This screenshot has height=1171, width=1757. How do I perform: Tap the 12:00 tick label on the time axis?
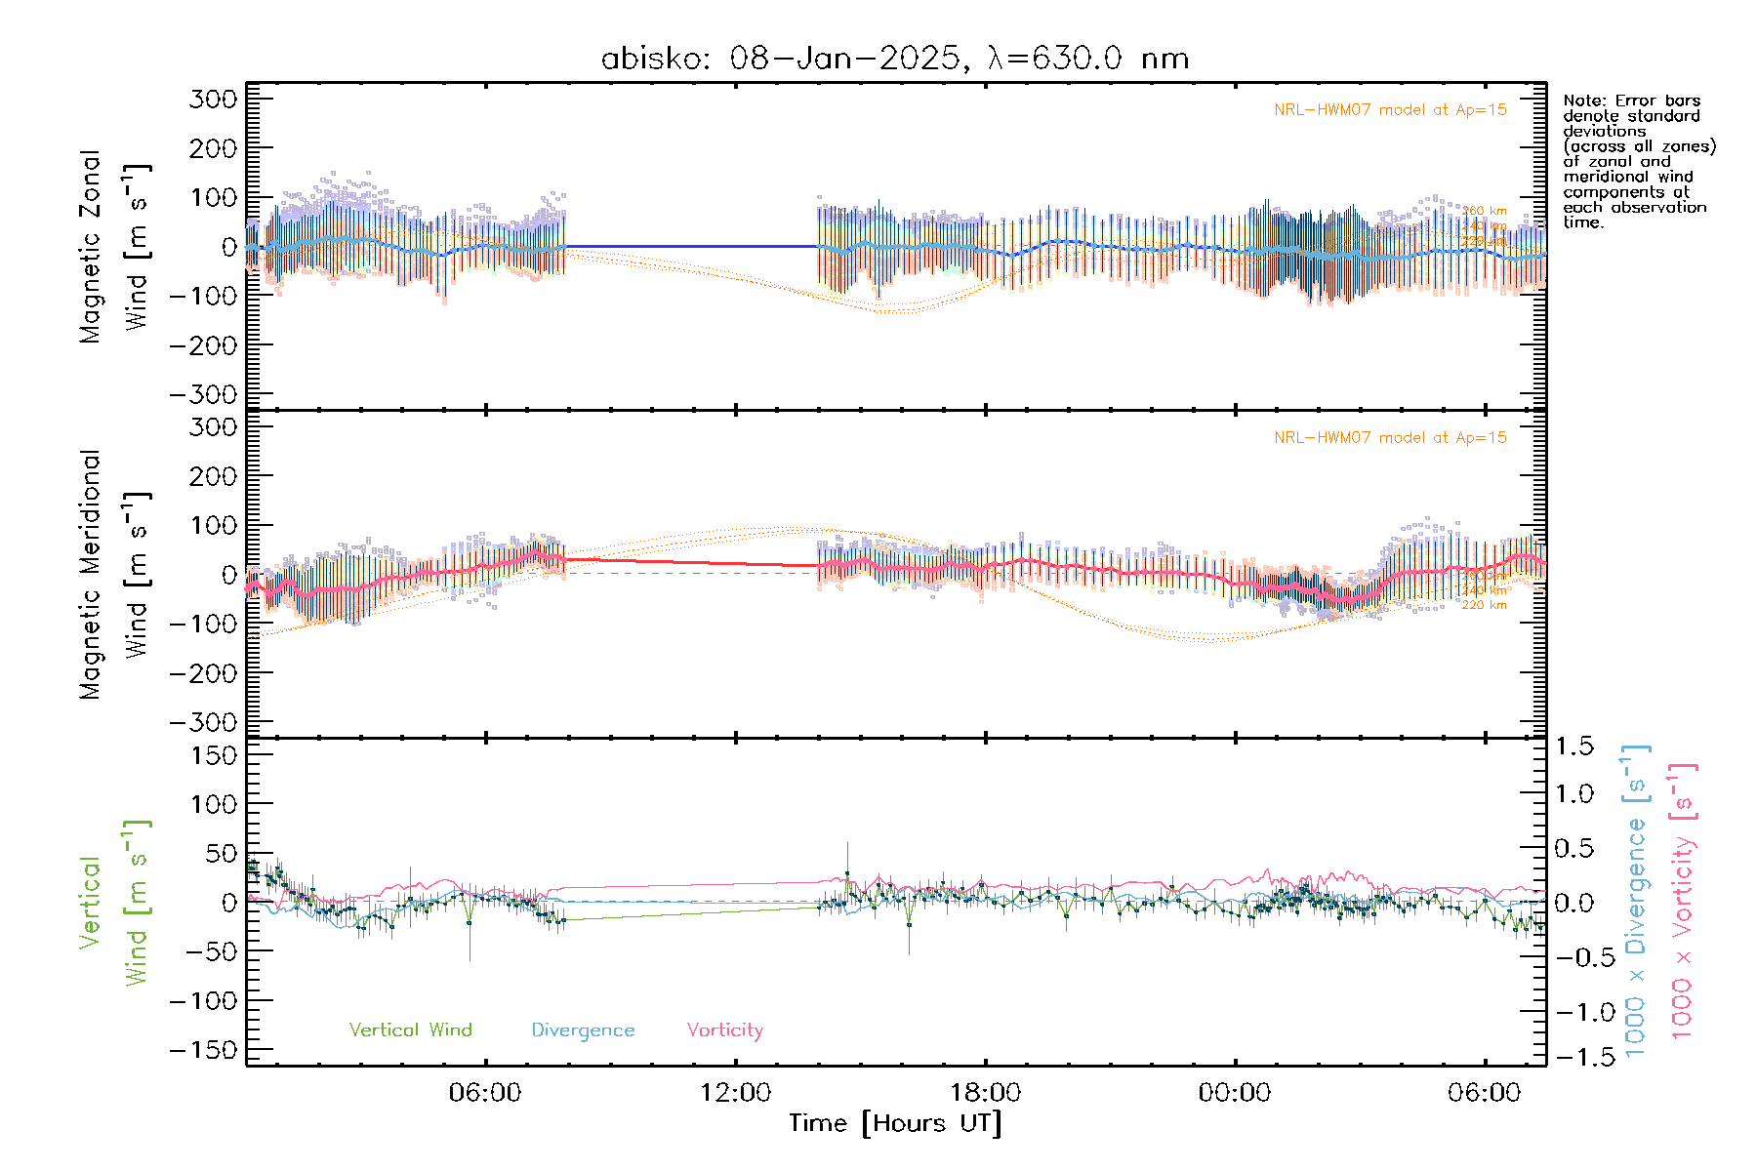click(735, 1093)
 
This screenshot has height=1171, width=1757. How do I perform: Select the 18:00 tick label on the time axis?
click(985, 1093)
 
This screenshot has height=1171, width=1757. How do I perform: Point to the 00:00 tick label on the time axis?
click(1235, 1093)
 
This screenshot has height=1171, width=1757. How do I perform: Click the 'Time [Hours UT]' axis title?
click(894, 1123)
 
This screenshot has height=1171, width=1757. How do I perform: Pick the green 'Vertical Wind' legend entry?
click(410, 1030)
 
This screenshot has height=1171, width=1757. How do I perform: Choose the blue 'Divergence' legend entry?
click(583, 1030)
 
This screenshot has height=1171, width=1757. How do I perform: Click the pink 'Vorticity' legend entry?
click(724, 1030)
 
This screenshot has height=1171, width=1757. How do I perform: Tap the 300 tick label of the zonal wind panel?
click(213, 99)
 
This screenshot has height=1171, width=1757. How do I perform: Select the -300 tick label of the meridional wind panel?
click(203, 722)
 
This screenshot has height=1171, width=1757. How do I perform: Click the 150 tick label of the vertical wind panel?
click(213, 755)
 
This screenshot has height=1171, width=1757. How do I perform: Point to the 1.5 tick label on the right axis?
click(1573, 747)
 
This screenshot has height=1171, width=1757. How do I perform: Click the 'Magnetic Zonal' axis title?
click(90, 246)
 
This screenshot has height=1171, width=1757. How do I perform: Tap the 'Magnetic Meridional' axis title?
click(90, 574)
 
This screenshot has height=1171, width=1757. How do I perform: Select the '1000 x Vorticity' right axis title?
click(1683, 900)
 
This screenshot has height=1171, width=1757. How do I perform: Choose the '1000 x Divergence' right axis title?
click(1636, 900)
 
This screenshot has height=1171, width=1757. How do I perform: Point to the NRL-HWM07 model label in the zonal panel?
click(1390, 110)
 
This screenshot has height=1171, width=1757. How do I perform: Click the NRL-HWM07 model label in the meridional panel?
click(1390, 438)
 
